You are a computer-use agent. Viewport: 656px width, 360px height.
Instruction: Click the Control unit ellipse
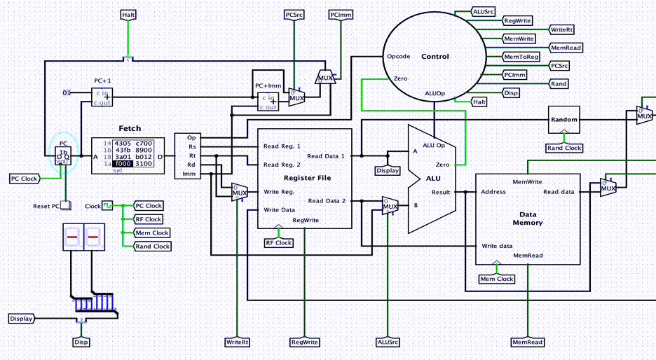click(435, 56)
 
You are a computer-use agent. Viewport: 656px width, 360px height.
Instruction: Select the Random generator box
click(564, 120)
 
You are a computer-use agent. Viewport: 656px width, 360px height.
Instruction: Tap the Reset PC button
click(65, 206)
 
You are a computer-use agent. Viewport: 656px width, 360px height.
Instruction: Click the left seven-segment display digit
click(72, 241)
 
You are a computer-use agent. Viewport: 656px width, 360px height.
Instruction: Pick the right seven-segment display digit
click(93, 241)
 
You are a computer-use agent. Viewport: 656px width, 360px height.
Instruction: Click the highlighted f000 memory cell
click(124, 163)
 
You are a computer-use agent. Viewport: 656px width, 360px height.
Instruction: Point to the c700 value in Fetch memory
click(143, 143)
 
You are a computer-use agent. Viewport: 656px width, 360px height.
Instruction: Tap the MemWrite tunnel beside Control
click(519, 39)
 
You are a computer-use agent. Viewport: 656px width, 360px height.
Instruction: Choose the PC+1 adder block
click(102, 97)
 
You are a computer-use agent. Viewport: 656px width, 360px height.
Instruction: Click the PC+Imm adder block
click(267, 102)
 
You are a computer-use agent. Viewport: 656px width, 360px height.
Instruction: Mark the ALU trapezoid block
click(432, 179)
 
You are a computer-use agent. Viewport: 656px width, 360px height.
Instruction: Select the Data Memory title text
click(528, 218)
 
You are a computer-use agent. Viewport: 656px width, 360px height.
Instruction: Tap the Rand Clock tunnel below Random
click(564, 148)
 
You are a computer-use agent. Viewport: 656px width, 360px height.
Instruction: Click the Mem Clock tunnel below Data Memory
click(496, 279)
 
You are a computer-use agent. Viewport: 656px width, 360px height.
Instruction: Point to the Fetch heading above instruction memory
click(129, 128)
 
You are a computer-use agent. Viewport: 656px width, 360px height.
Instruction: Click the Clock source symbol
click(107, 206)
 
